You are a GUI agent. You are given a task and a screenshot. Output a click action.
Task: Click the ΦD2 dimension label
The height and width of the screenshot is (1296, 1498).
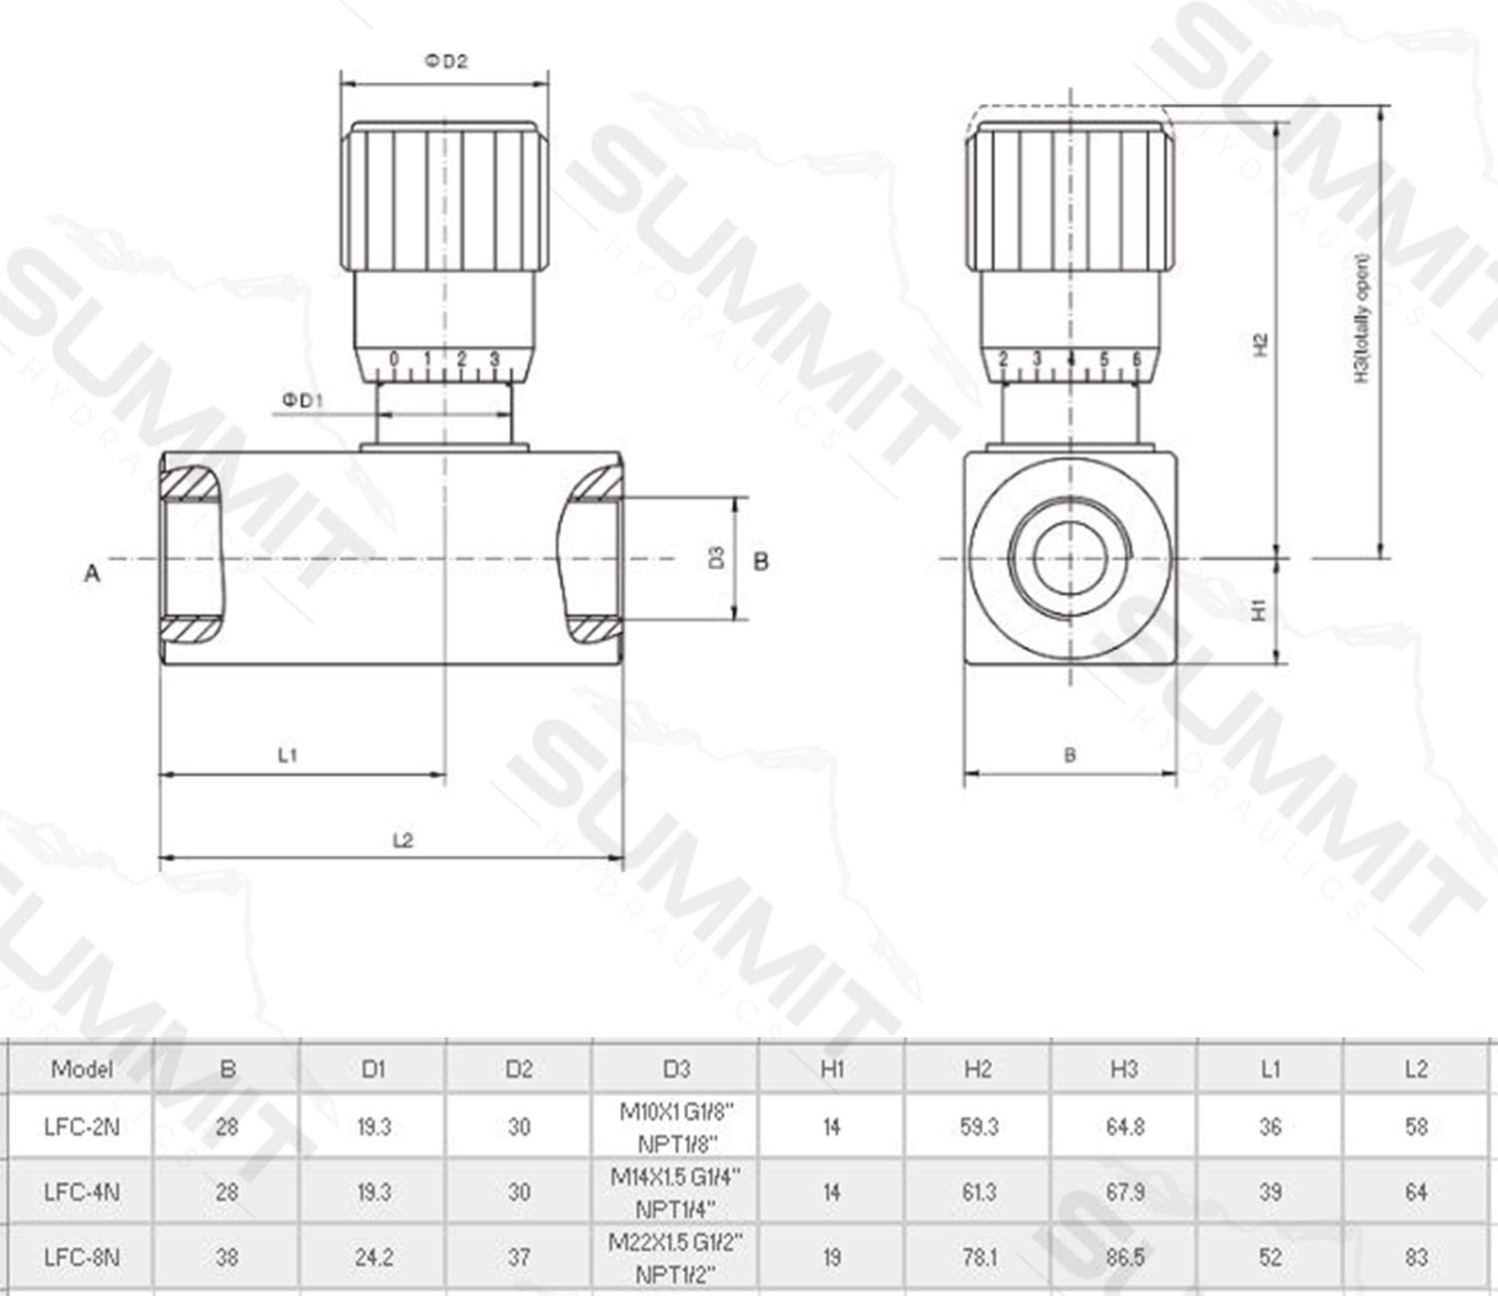tap(446, 61)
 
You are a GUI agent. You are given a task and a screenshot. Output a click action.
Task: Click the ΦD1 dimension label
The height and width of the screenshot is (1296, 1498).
tap(303, 400)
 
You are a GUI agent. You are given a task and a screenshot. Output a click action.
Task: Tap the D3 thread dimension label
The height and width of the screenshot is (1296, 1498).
tap(716, 558)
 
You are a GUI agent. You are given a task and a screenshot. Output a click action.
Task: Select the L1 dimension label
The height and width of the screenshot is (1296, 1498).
tap(288, 755)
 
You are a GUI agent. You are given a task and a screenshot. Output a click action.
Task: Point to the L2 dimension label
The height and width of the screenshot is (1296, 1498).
tap(401, 840)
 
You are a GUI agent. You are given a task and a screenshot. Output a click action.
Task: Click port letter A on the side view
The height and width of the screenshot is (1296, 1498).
tap(92, 573)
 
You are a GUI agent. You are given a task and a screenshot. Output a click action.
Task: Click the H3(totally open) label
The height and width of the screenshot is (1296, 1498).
tap(1363, 320)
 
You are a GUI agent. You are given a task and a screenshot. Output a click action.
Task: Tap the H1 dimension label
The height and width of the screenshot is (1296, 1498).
tap(1259, 609)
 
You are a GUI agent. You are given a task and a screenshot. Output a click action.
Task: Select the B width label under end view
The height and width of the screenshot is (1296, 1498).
tap(1070, 755)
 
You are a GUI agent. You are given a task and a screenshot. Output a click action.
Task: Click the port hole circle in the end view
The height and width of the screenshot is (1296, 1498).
tap(1070, 559)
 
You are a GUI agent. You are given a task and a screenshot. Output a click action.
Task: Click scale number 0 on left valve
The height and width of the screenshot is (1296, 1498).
tap(394, 358)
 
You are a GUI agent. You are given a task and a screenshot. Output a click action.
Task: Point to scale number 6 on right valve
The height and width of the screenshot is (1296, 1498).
tap(1136, 358)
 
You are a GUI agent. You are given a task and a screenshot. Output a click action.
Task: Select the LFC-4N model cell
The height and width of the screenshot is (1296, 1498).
tap(81, 1191)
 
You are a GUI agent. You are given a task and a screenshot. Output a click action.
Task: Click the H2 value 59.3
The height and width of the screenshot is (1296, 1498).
tap(978, 1126)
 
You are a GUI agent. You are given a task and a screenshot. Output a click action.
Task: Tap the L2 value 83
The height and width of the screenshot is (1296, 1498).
tap(1415, 1256)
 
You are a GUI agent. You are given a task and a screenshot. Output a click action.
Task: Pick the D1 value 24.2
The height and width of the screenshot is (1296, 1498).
tap(373, 1256)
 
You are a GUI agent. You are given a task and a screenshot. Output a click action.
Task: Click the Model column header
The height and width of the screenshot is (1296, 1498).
tap(81, 1069)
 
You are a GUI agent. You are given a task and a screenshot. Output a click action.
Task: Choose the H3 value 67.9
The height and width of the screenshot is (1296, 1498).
tap(1124, 1191)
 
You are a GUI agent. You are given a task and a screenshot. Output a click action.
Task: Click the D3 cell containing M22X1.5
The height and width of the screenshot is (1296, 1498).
tap(676, 1256)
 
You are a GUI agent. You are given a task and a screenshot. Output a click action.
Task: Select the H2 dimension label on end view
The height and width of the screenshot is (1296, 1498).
tap(1260, 344)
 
